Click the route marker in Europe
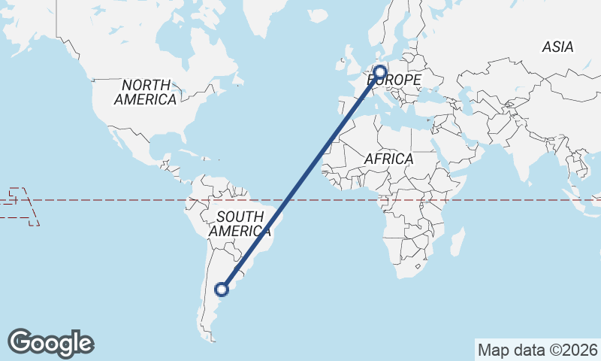[379, 73]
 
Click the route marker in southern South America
[222, 289]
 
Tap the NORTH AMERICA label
[147, 92]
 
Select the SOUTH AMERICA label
[236, 224]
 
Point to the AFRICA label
[388, 159]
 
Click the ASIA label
[557, 47]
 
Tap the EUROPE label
[395, 79]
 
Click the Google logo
[50, 343]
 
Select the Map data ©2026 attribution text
[537, 350]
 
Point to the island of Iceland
[318, 14]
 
